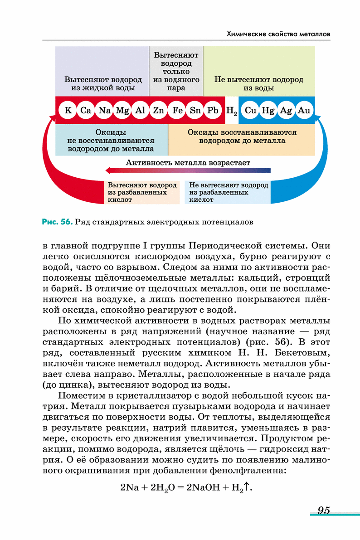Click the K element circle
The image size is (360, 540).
tap(68, 110)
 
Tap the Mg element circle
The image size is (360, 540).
tap(122, 110)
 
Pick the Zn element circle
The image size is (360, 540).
tap(158, 110)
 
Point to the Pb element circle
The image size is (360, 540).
tap(213, 110)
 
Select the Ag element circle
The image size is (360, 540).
tap(286, 110)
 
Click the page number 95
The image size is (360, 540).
tap(323, 510)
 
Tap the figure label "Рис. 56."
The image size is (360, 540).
tap(57, 222)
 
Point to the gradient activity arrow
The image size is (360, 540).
tap(188, 170)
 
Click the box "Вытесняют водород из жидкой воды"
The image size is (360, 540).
tap(102, 83)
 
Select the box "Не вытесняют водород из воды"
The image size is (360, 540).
tap(259, 83)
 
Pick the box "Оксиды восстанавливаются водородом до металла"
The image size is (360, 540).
tap(242, 136)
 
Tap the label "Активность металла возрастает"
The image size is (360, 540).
tap(188, 162)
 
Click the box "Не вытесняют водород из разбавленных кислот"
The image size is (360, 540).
tap(228, 192)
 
